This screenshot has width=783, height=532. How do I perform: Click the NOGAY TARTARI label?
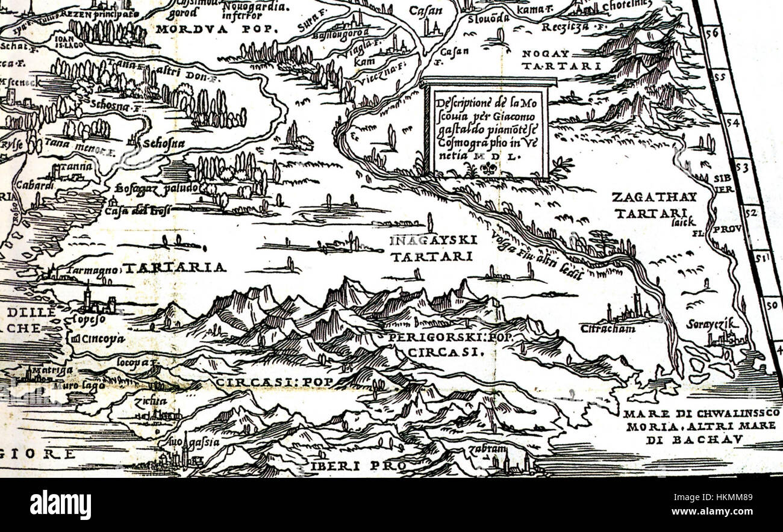tap(561, 60)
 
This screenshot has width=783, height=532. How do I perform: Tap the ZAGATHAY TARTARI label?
tap(654, 205)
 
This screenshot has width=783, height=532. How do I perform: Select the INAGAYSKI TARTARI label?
tap(433, 248)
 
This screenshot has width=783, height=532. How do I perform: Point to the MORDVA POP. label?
tap(214, 28)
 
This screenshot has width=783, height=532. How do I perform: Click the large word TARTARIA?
tap(174, 267)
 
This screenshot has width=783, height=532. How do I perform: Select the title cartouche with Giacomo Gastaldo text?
tap(488, 128)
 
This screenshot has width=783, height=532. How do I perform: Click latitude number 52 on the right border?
tap(752, 212)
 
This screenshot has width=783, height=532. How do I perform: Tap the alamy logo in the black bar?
tap(60, 504)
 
